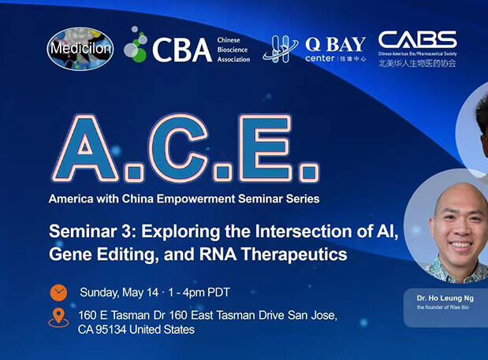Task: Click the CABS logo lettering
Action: tap(417, 40)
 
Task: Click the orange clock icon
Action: tap(58, 292)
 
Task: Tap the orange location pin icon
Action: tap(58, 318)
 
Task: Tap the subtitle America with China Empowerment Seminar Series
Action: tap(184, 199)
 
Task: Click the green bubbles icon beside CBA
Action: tap(136, 46)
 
